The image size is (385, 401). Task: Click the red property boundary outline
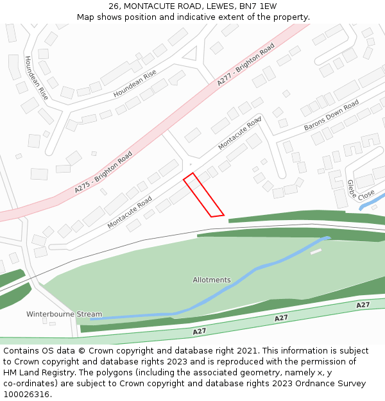click(x=203, y=195)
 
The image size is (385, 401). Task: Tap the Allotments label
click(x=212, y=280)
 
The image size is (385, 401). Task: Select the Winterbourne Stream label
click(x=64, y=314)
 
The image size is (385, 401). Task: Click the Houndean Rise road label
click(x=135, y=84)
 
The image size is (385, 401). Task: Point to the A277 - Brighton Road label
click(x=246, y=64)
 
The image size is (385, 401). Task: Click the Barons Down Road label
click(x=331, y=115)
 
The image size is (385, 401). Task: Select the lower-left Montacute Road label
click(x=130, y=212)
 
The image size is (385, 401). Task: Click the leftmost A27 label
click(x=199, y=332)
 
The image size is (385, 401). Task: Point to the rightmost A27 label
click(x=363, y=305)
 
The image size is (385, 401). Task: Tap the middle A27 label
click(x=281, y=318)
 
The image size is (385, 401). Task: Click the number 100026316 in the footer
click(x=26, y=395)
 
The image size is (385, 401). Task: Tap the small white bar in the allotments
click(x=316, y=252)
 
